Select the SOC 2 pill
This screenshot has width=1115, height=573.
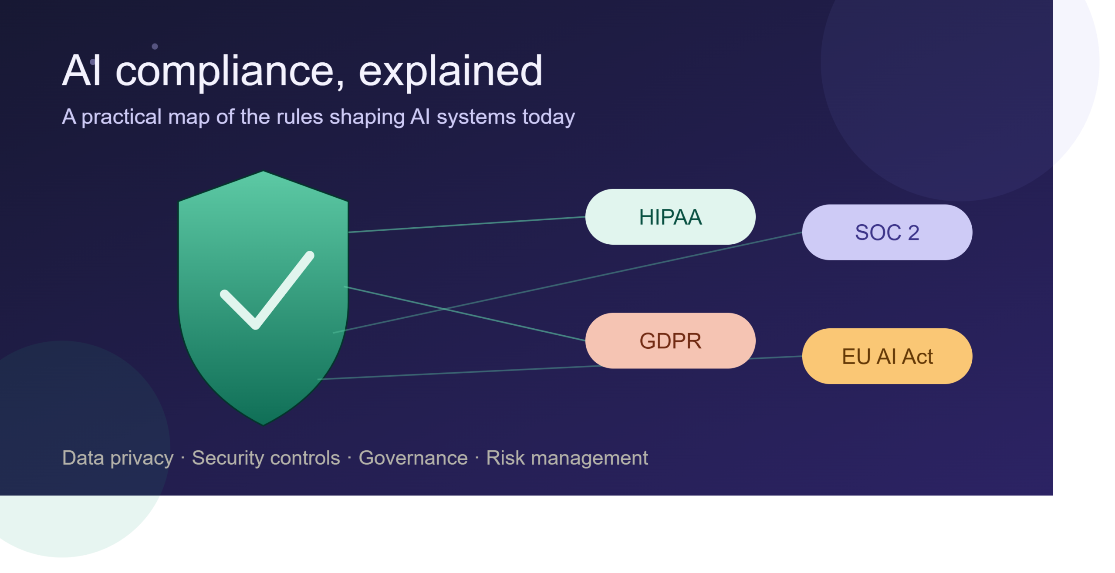pyautogui.click(x=887, y=233)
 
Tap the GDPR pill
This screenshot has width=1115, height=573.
pyautogui.click(x=670, y=340)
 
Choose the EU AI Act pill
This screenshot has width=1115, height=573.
pyautogui.click(x=887, y=356)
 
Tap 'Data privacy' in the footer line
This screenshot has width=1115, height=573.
pyautogui.click(x=118, y=458)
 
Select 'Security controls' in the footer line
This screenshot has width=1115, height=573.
pyautogui.click(x=266, y=458)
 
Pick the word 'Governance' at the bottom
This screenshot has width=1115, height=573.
pyautogui.click(x=413, y=458)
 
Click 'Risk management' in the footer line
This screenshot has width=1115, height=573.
pyautogui.click(x=567, y=458)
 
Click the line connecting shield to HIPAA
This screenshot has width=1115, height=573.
pyautogui.click(x=467, y=224)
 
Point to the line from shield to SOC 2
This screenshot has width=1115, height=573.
pyautogui.click(x=568, y=283)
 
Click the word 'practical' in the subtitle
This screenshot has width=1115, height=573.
pyautogui.click(x=122, y=117)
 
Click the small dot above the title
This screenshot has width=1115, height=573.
pyautogui.click(x=155, y=46)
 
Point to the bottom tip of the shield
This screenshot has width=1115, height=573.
pyautogui.click(x=263, y=425)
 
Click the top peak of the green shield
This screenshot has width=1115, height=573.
pyautogui.click(x=263, y=171)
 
